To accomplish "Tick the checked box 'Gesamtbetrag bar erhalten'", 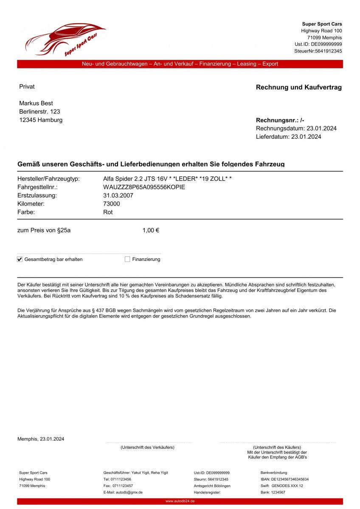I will tap(20, 259).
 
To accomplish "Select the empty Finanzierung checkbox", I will tap(127, 259).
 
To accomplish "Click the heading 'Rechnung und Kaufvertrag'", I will tap(298, 87).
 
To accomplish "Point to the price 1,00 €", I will tap(151, 231).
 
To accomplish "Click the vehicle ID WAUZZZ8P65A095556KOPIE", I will tap(144, 187).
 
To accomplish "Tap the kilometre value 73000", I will tap(111, 204).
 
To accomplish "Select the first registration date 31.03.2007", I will tap(118, 196).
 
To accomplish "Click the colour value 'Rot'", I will tap(108, 212).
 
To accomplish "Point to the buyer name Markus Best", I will tap(36, 103).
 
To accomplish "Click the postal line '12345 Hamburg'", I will tap(41, 120).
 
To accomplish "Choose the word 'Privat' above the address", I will tap(27, 87).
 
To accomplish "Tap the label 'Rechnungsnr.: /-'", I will tap(280, 120).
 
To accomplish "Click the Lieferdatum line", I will tap(288, 137).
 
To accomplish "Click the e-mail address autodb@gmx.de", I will tap(123, 492).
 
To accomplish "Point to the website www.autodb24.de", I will tap(180, 501).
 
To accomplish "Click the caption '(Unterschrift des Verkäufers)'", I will tap(147, 447).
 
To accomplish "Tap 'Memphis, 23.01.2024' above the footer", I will tap(41, 439).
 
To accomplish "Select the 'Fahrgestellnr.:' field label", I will tap(37, 187).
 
